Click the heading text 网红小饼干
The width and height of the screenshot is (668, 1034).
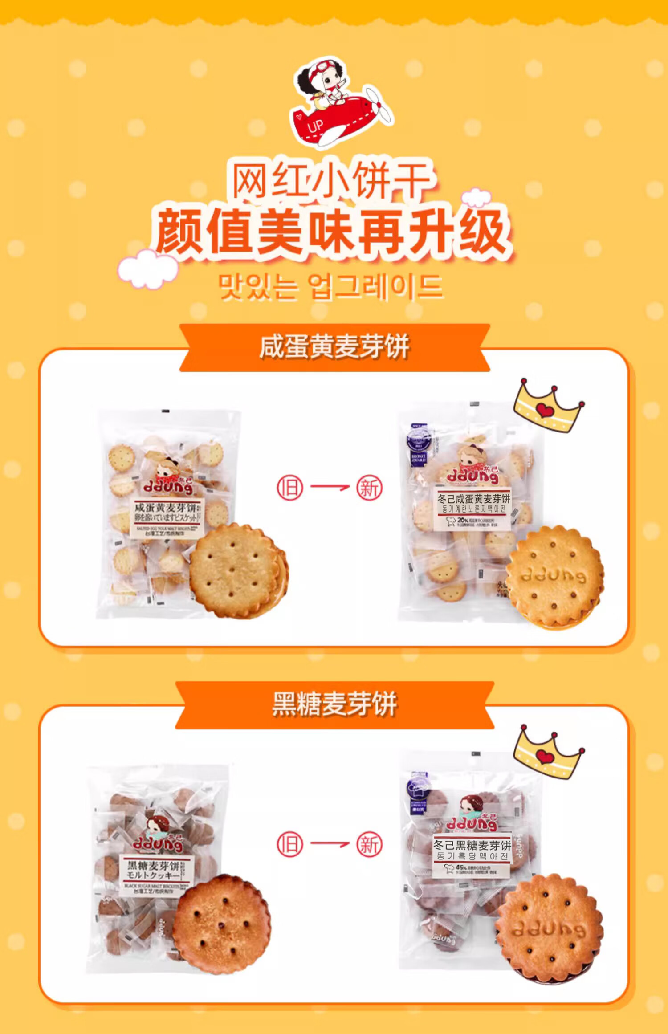(332, 180)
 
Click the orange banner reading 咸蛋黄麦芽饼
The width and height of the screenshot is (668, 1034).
(334, 348)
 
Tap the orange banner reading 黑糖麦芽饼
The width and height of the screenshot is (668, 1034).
(334, 704)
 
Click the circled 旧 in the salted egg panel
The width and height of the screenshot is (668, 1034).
(290, 488)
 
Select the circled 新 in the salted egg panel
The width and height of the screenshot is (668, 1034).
(369, 488)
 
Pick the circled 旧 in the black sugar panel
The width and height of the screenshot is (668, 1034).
(290, 844)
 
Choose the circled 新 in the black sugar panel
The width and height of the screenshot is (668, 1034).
(369, 844)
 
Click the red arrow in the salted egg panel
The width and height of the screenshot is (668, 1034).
(330, 487)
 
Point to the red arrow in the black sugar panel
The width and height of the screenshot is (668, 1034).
(330, 844)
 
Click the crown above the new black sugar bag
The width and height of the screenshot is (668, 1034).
(548, 752)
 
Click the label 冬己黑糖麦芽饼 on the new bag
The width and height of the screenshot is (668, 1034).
(472, 845)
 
